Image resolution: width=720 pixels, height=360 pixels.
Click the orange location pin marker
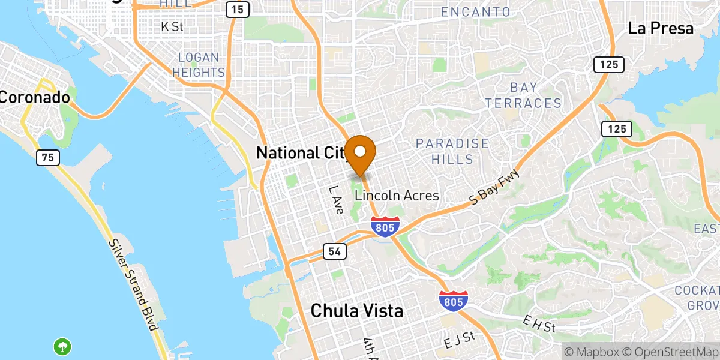361,152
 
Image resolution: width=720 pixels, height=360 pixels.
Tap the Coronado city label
35,97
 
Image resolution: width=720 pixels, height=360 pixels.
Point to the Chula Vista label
356,311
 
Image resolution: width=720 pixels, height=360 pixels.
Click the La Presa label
661,28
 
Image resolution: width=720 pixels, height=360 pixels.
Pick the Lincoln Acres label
397,196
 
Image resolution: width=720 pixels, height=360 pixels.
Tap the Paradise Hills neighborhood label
452,151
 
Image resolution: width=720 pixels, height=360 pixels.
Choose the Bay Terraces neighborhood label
523,96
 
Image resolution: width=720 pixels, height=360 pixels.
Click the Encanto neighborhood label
475,12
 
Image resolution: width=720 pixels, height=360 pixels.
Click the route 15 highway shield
238,10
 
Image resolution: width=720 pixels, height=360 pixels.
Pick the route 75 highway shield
47,158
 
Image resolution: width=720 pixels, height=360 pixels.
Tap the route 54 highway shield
335,251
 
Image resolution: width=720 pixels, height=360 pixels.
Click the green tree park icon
62,346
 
